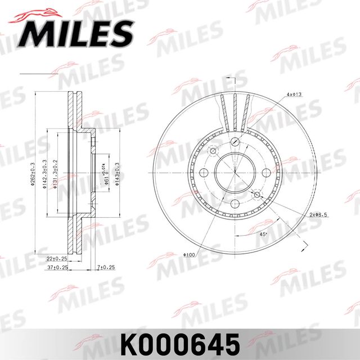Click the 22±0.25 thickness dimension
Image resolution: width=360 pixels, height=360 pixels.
(57, 259)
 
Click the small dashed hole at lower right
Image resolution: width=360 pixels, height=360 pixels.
(257, 194)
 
